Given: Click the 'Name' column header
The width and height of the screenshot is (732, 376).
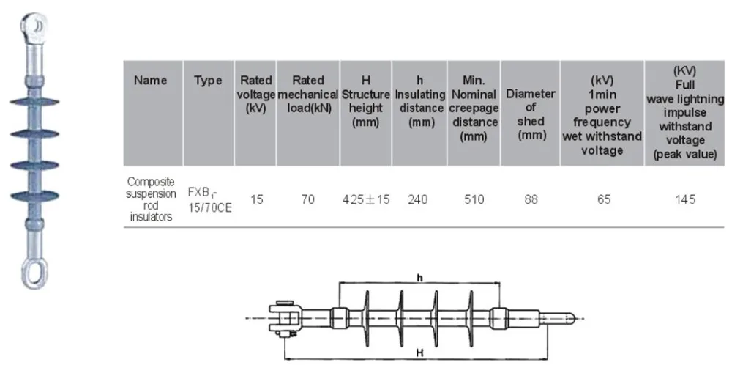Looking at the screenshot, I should (x=150, y=81).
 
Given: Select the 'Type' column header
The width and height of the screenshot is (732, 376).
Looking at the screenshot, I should (x=208, y=81).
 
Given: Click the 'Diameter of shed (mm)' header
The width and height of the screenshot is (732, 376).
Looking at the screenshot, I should (x=531, y=114).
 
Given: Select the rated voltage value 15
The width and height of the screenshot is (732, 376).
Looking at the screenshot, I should (x=256, y=199).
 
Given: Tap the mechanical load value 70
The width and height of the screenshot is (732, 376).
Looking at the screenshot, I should (x=308, y=199).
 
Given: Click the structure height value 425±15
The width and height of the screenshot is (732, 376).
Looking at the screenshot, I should (x=365, y=199).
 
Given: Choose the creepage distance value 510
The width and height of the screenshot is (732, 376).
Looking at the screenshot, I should (x=474, y=199).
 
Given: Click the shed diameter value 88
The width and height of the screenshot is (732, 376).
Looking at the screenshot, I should (x=531, y=199).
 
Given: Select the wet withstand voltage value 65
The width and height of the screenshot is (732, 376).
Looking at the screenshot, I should (x=603, y=199).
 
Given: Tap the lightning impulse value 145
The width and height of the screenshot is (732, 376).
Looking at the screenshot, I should (x=686, y=199).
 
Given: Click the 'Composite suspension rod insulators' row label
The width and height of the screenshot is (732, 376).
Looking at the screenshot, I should (x=151, y=199).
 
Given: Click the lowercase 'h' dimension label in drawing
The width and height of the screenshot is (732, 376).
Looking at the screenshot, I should (x=419, y=278).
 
